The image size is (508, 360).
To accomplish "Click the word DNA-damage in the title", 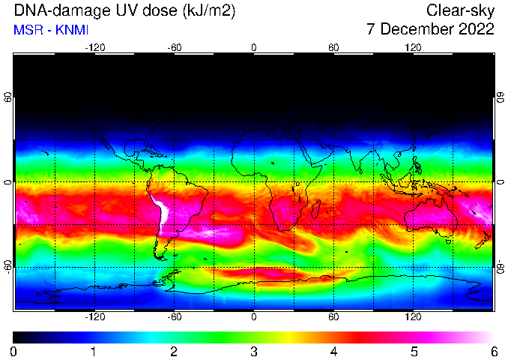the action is (58, 11).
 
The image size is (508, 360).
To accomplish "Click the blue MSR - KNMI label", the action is (51, 30).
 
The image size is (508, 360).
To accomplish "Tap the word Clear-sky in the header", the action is (460, 11).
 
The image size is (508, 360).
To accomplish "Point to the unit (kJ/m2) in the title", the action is (209, 11).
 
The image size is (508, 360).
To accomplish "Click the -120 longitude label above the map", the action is (95, 48).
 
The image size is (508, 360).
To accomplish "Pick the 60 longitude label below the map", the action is (333, 316).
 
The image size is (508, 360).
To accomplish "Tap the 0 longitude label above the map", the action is (254, 48).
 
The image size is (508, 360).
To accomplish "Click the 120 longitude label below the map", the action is (413, 316).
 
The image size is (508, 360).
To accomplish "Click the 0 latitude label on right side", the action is (501, 182).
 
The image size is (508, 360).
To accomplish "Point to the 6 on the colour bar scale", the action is (494, 352).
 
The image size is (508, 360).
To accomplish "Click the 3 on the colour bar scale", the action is (254, 352).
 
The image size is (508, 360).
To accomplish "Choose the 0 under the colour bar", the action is (13, 352).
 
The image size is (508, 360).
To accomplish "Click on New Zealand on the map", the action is (483, 240).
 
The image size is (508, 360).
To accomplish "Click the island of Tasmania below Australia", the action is (448, 241).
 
